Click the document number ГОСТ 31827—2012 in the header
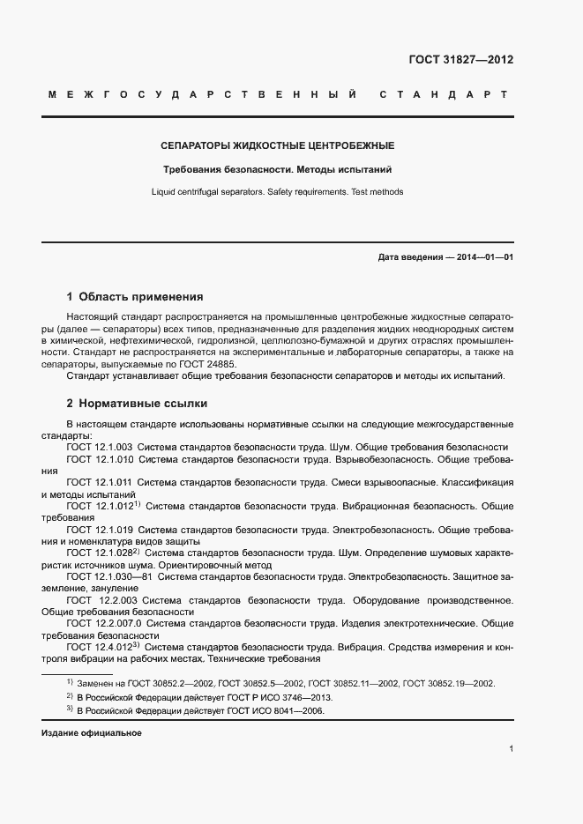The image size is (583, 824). (x=460, y=61)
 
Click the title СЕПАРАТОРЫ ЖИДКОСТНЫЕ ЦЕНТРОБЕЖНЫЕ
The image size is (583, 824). (x=277, y=145)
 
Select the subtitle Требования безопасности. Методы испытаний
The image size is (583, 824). (x=277, y=168)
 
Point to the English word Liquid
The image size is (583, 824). (x=165, y=191)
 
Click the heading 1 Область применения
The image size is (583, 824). (x=135, y=297)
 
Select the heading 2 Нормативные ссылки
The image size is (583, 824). (x=137, y=404)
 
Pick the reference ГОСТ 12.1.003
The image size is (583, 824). (x=100, y=447)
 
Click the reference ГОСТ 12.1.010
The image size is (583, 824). (x=100, y=459)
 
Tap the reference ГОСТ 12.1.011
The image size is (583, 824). (x=100, y=483)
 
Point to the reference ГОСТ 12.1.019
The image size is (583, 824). (x=100, y=530)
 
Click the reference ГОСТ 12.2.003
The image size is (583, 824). (x=101, y=600)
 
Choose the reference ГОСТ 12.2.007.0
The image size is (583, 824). (x=105, y=623)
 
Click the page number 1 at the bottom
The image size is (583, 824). (x=512, y=749)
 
